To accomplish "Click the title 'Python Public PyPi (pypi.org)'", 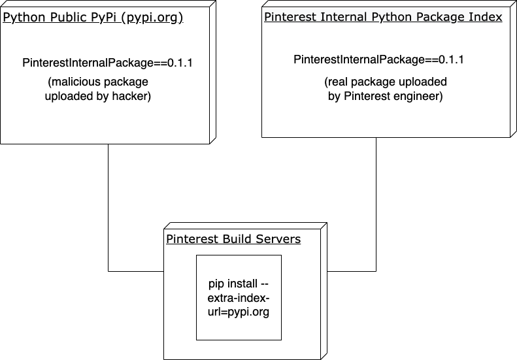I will [93, 17].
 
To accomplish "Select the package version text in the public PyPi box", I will [108, 63].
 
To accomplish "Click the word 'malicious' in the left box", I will [75, 82].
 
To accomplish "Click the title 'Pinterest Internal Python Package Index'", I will [383, 17].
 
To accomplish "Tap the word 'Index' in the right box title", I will [487, 17].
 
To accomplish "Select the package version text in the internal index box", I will [379, 59].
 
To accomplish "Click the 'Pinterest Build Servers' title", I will [233, 239].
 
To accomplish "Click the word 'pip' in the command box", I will [216, 284].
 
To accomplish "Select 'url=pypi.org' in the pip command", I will [239, 312].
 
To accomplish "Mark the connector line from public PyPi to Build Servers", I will [108, 209].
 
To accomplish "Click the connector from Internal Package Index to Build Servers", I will [376, 209].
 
